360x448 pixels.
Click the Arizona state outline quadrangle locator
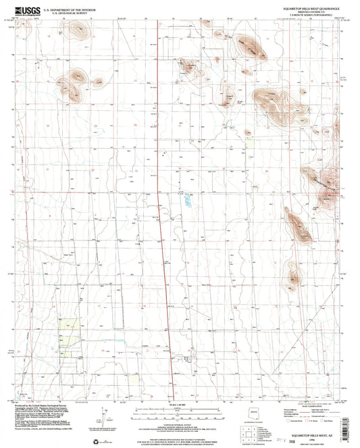[x=262, y=414]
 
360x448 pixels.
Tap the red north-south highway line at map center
[x=162, y=223]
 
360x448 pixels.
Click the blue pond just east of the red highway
[x=187, y=201]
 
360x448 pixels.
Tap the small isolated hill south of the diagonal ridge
[x=292, y=277]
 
